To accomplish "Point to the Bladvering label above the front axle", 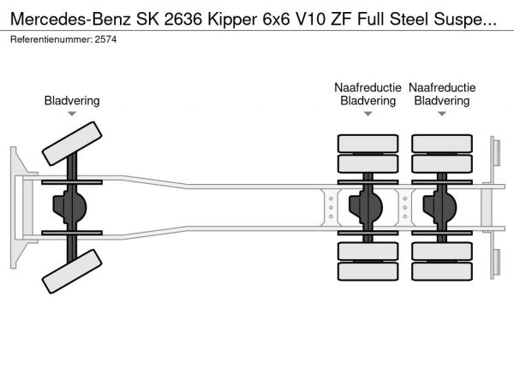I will pyautogui.click(x=72, y=101).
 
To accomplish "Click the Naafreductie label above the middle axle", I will pyautogui.click(x=368, y=87).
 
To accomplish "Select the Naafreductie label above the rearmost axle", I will pyautogui.click(x=442, y=87).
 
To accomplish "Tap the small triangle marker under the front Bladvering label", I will pyautogui.click(x=72, y=114).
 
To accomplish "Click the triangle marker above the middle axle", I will pyautogui.click(x=368, y=114).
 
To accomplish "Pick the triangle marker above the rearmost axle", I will pyautogui.click(x=442, y=114).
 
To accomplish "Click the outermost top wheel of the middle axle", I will pyautogui.click(x=368, y=143).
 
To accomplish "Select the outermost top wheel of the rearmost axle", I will pyautogui.click(x=442, y=143).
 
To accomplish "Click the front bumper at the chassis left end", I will pyautogui.click(x=17, y=208).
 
